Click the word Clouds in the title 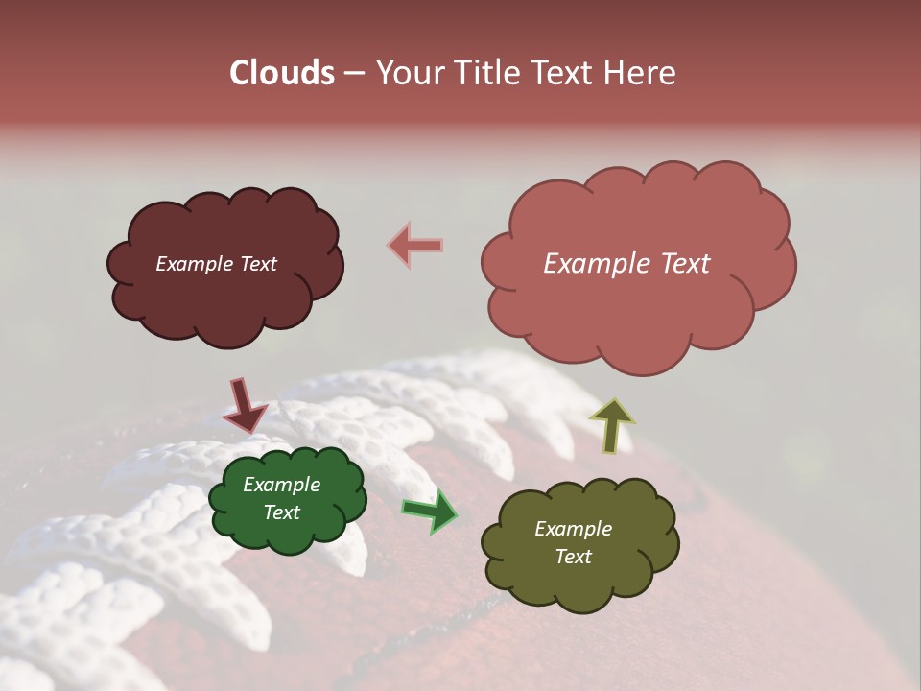pyautogui.click(x=281, y=73)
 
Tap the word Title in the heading pyautogui.click(x=487, y=73)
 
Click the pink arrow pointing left pyautogui.click(x=415, y=245)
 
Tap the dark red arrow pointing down pyautogui.click(x=245, y=405)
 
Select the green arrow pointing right pyautogui.click(x=431, y=511)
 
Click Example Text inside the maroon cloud pyautogui.click(x=216, y=264)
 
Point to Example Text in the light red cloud pyautogui.click(x=626, y=264)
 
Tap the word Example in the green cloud pyautogui.click(x=281, y=486)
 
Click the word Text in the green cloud pyautogui.click(x=281, y=512)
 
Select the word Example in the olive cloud pyautogui.click(x=573, y=529)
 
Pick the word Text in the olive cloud pyautogui.click(x=573, y=557)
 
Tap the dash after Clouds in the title pyautogui.click(x=353, y=73)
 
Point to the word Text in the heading pyautogui.click(x=566, y=73)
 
